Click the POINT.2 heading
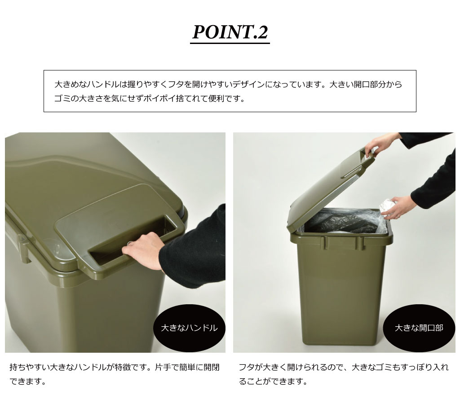[x=230, y=32]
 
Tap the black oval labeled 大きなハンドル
[x=189, y=328]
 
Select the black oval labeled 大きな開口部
[x=419, y=328]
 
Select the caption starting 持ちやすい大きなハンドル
[x=115, y=374]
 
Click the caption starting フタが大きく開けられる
[x=344, y=374]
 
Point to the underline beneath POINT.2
[x=230, y=44]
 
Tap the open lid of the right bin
[x=332, y=188]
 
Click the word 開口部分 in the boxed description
[x=370, y=85]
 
